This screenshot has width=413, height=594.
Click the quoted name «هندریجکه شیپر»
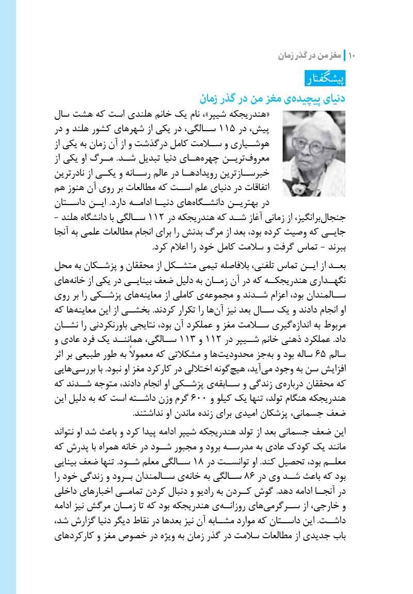pyautogui.click(x=246, y=114)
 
